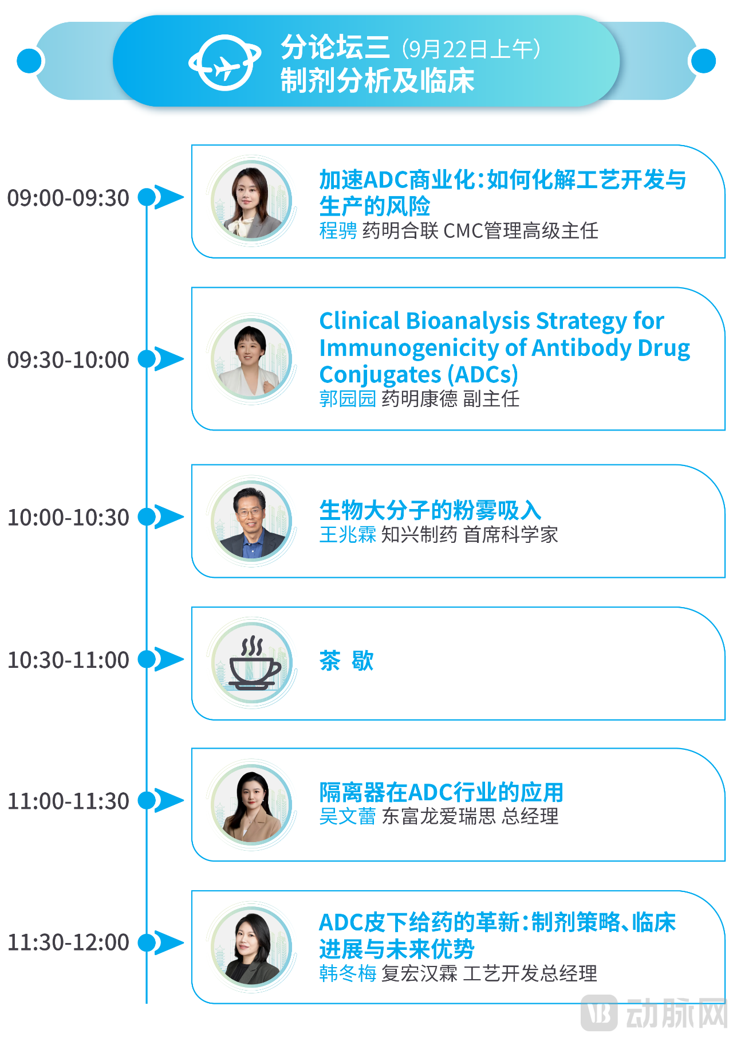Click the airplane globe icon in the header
point(224,62)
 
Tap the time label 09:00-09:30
point(68,198)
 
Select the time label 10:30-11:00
point(68,660)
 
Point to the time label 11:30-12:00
point(68,942)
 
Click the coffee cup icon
point(253,663)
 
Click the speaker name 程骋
point(338,230)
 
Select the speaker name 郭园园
point(348,398)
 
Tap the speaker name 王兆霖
point(348,534)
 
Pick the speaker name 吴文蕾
point(348,816)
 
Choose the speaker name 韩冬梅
point(348,973)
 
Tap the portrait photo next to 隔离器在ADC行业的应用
point(252,805)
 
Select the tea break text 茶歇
point(346,660)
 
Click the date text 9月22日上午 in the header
point(471,49)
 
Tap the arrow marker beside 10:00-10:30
point(169,516)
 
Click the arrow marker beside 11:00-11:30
point(169,800)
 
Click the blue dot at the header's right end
point(703,61)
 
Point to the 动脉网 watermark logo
point(654,1013)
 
